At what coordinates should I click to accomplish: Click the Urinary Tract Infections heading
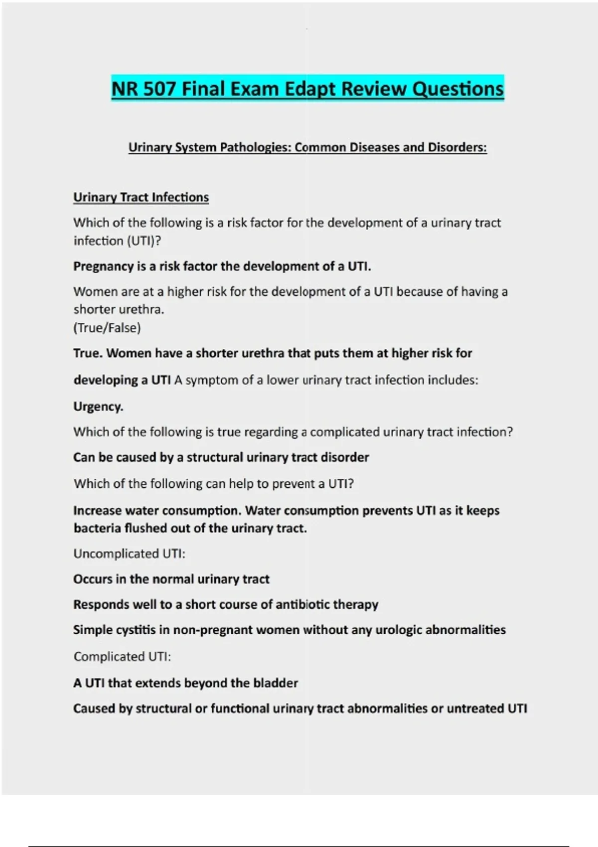(141, 197)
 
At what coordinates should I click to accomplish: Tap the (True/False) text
(107, 328)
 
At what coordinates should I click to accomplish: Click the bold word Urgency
(98, 407)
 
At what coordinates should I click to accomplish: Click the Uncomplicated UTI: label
(129, 554)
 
